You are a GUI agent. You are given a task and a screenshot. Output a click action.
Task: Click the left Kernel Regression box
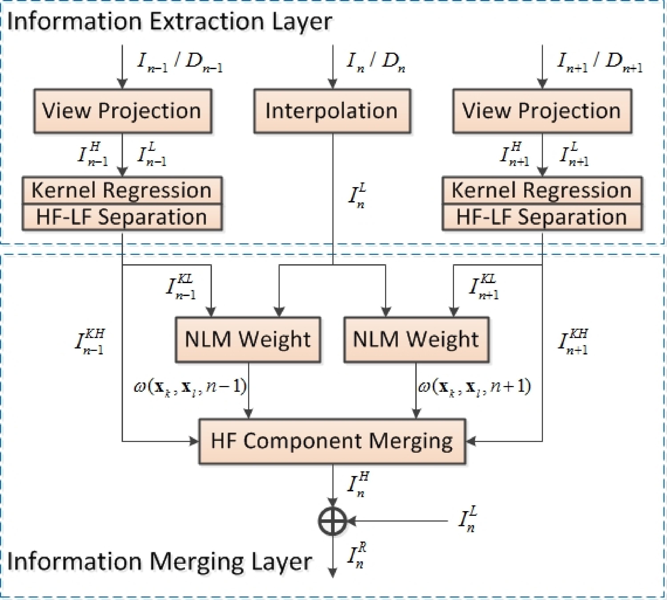coord(122,190)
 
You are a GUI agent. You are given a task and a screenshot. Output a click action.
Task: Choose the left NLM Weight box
coord(248,340)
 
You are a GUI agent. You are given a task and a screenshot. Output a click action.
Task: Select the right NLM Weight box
coord(416,340)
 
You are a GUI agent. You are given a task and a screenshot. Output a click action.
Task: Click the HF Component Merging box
coord(332,441)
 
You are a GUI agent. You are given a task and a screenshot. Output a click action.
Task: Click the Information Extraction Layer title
coord(169,22)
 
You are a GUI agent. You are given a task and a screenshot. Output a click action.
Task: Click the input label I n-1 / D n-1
coord(180,63)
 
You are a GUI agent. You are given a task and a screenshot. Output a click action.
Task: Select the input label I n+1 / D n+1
coord(599,63)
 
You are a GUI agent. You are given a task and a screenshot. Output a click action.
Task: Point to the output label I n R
coord(357,556)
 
